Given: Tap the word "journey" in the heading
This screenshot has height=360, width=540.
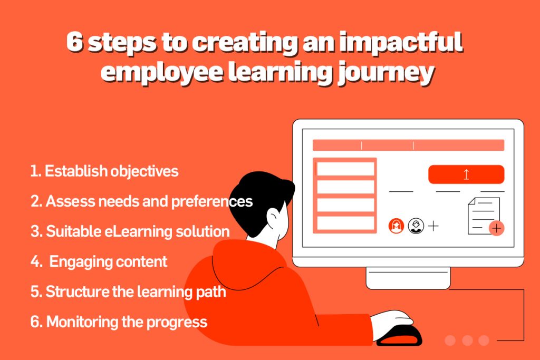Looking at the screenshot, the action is [x=385, y=74].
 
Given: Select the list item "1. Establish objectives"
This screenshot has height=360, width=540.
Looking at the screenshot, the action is [x=104, y=171].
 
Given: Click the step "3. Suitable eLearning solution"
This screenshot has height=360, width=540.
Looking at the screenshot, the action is [x=130, y=231].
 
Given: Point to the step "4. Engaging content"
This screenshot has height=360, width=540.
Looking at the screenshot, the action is [x=99, y=262].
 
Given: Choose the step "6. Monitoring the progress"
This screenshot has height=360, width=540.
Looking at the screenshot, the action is [x=119, y=322].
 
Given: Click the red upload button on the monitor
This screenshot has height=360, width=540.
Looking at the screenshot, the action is [x=466, y=174].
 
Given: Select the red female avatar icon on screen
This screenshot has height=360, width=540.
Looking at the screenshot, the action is [x=396, y=226].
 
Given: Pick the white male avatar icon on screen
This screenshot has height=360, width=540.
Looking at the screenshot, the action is [x=416, y=226].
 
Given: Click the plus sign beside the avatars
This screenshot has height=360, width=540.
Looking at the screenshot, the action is [x=433, y=226].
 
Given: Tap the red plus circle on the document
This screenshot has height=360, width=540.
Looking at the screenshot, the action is [x=496, y=228].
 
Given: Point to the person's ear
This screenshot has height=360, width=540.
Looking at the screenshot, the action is [x=274, y=218].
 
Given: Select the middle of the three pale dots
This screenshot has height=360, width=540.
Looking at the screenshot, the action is [x=467, y=340].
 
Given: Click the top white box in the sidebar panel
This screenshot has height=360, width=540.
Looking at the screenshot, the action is [x=345, y=169].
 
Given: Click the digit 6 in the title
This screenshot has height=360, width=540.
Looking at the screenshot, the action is [x=75, y=42].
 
